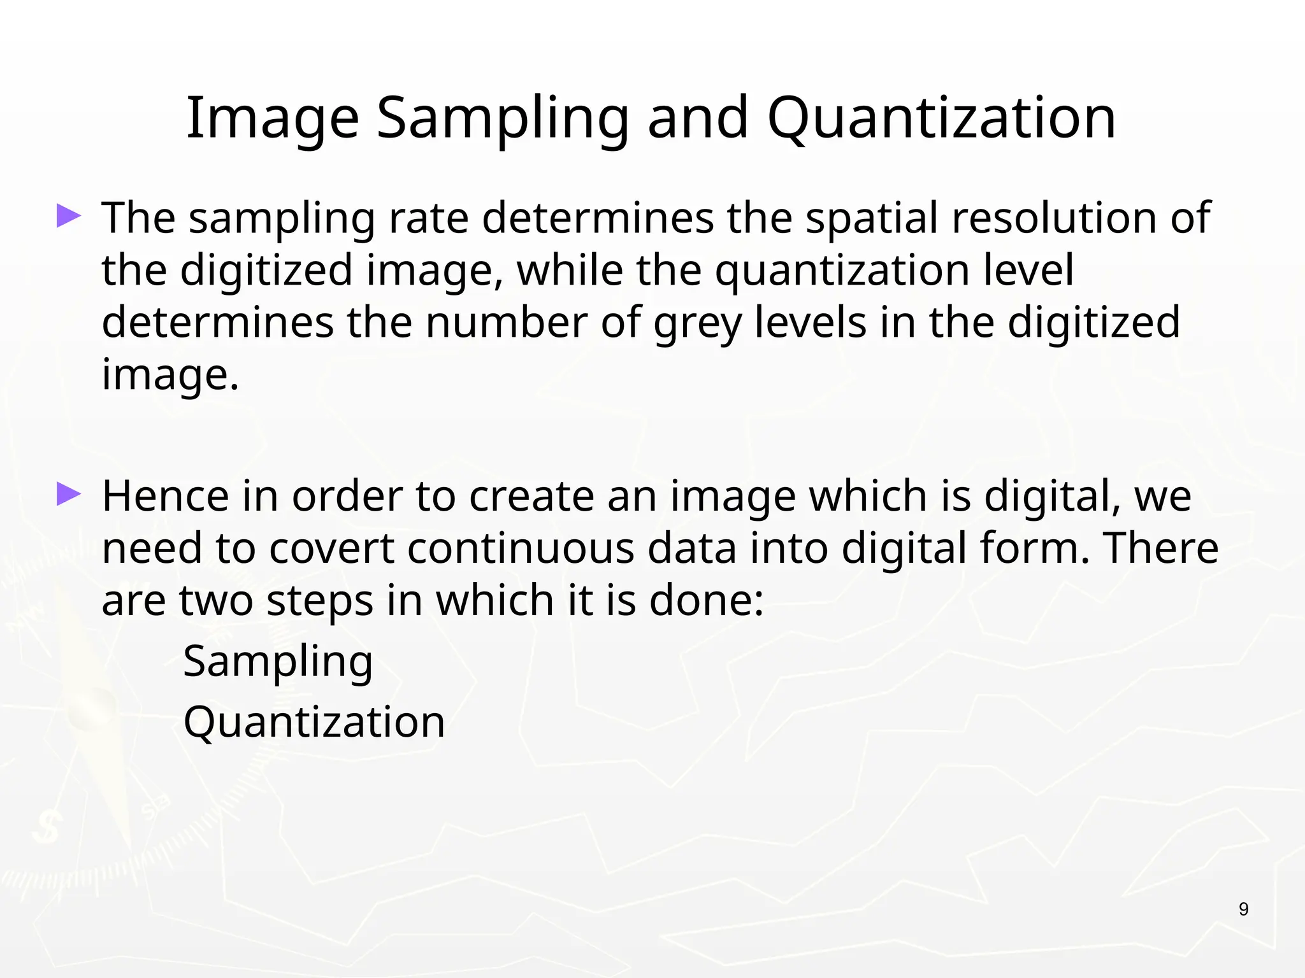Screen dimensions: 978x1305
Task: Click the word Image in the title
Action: click(272, 118)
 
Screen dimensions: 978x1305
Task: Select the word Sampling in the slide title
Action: click(503, 118)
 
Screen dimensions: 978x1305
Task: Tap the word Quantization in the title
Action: click(941, 118)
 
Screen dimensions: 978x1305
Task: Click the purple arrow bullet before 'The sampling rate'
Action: click(69, 216)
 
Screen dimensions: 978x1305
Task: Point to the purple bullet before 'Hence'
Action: click(69, 494)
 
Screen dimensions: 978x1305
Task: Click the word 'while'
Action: click(570, 270)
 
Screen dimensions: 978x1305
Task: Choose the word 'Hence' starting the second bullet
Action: click(165, 496)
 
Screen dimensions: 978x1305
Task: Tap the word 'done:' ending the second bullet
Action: click(706, 601)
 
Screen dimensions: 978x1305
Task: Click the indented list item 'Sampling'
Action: click(278, 662)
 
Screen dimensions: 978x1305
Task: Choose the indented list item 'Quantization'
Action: click(314, 723)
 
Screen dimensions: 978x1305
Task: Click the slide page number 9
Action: click(1243, 910)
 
